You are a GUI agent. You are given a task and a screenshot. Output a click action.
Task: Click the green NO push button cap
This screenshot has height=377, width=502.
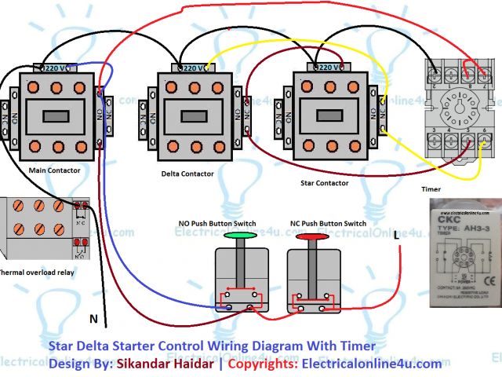(240, 235)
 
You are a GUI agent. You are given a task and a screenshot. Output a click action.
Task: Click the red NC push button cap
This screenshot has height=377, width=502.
(311, 235)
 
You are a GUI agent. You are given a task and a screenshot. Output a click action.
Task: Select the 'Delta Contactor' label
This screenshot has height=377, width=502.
(187, 174)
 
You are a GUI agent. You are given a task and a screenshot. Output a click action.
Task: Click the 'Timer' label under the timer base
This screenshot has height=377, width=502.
(431, 189)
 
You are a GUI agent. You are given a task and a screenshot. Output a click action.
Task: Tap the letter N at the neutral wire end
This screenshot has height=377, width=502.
(93, 320)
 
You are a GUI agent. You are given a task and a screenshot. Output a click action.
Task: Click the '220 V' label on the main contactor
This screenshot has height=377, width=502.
(56, 68)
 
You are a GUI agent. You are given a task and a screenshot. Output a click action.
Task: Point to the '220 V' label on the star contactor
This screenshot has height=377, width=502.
(324, 68)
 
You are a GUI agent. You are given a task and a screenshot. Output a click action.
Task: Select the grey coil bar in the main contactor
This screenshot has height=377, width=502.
(56, 116)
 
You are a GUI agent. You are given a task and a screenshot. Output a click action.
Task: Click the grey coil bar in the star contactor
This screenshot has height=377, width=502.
(325, 116)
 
